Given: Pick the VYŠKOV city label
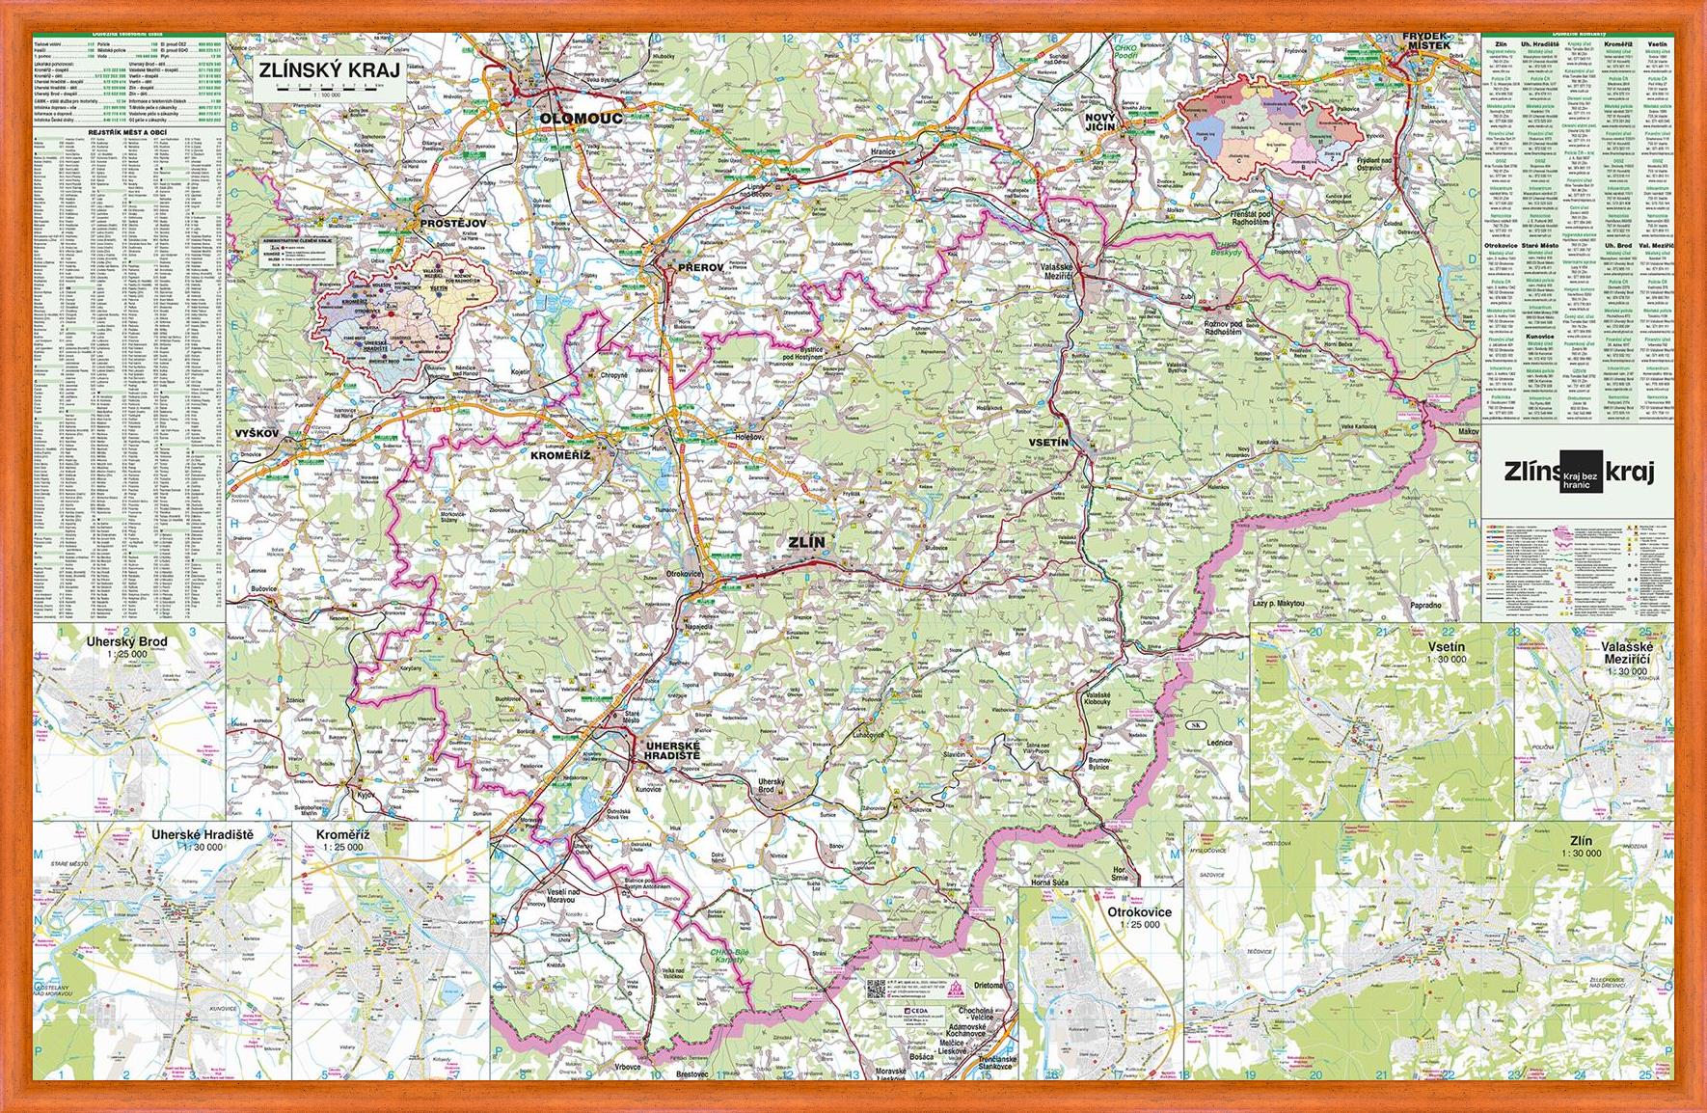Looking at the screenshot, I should click(x=256, y=434).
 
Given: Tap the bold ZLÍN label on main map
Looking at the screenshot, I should click(x=807, y=543).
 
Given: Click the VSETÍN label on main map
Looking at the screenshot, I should click(x=1050, y=442).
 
